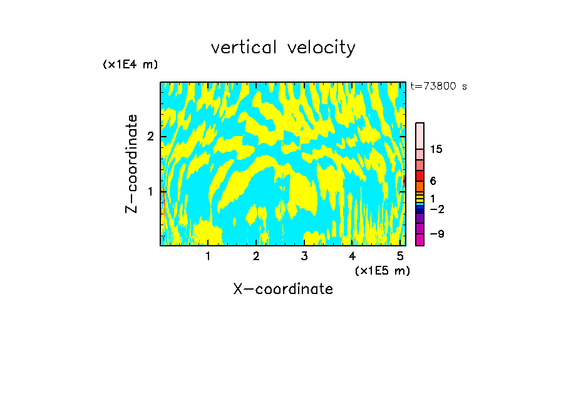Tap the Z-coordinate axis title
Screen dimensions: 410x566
click(x=131, y=164)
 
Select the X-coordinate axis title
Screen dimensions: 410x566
click(x=283, y=289)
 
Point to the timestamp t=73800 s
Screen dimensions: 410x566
click(x=438, y=87)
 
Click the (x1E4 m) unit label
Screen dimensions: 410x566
click(x=130, y=65)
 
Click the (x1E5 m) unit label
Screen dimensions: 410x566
click(x=382, y=270)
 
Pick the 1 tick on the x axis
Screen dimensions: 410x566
click(x=208, y=256)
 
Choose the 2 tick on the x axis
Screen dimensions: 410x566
click(x=256, y=256)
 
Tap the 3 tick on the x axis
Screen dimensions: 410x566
click(x=304, y=256)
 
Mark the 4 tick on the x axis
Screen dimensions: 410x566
click(x=352, y=256)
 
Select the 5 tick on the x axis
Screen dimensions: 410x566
click(x=400, y=256)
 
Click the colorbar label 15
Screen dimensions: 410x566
click(x=436, y=149)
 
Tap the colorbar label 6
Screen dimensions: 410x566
click(x=433, y=181)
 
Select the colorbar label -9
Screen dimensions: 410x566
click(x=436, y=234)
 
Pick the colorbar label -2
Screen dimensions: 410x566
click(x=436, y=209)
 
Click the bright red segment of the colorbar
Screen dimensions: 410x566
click(x=419, y=176)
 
